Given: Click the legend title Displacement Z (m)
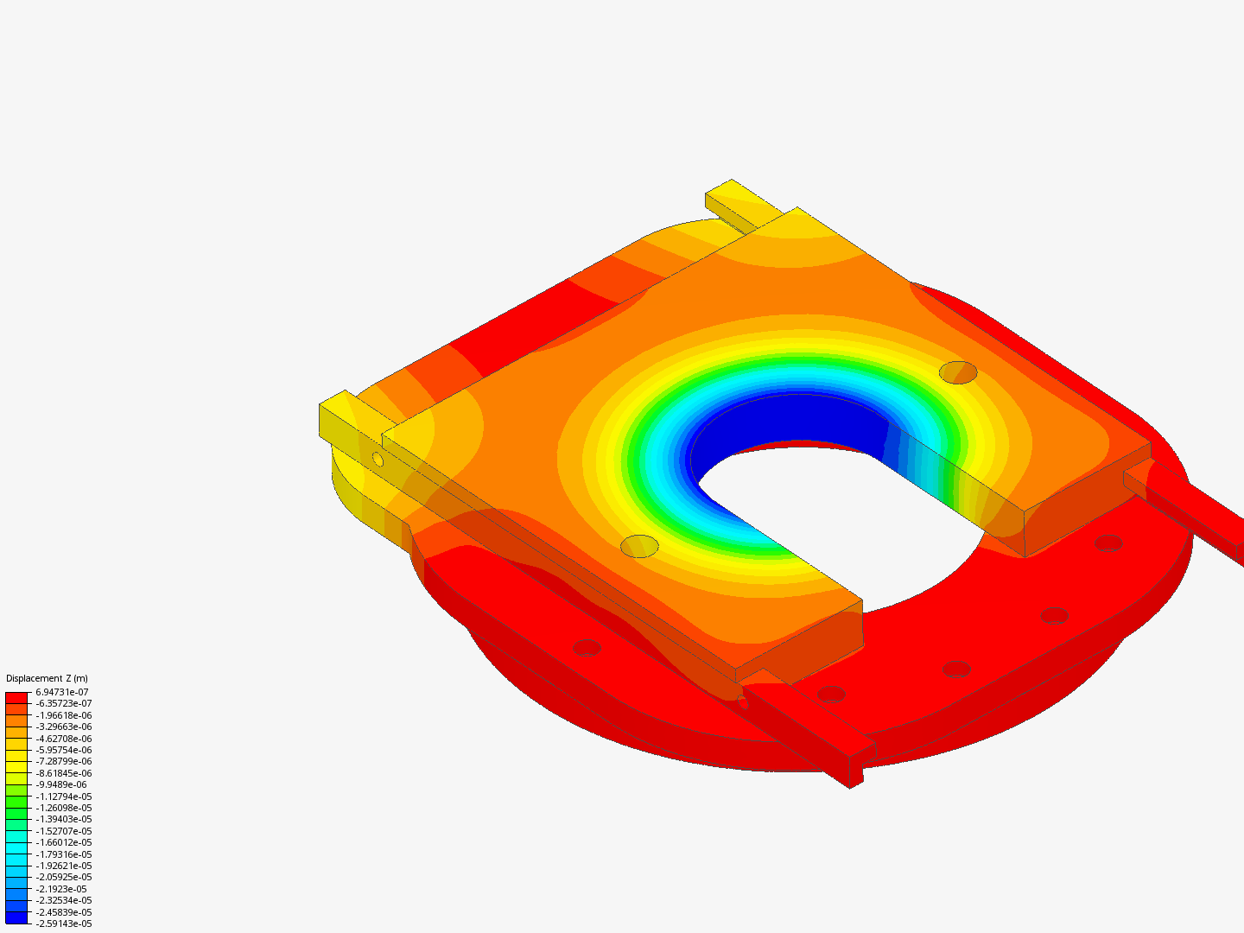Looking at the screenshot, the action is tap(47, 678).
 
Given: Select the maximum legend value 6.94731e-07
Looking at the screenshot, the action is tap(62, 692).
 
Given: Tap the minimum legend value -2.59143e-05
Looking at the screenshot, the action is tap(63, 923).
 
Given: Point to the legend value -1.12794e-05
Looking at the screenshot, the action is tap(63, 797).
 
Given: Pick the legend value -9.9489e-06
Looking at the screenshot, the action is tap(61, 784).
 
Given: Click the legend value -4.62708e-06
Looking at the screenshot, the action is tap(63, 738).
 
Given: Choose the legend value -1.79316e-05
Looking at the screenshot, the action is tap(63, 854).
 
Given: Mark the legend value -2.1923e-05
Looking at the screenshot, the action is tap(61, 889).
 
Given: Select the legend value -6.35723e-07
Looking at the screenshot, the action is tap(63, 703).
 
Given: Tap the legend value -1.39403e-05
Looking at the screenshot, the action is tap(63, 819).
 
